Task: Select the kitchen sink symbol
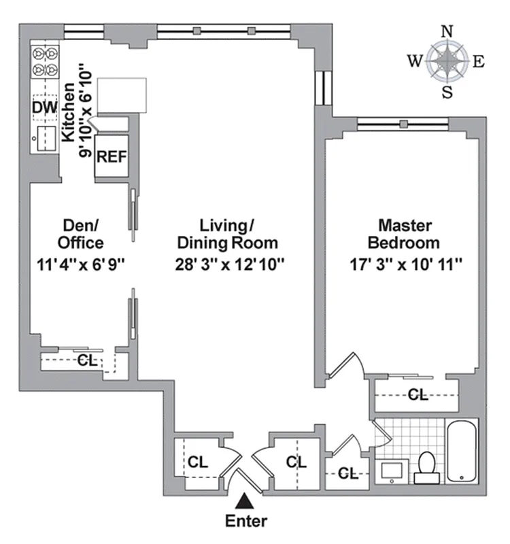click(46, 138)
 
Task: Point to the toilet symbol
click(426, 467)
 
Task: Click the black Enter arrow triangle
click(246, 502)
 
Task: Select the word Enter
click(246, 522)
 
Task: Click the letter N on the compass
click(447, 31)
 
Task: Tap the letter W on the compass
click(414, 61)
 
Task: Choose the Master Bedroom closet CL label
click(418, 394)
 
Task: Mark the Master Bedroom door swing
click(345, 367)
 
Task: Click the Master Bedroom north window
click(403, 123)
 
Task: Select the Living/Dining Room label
click(228, 233)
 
